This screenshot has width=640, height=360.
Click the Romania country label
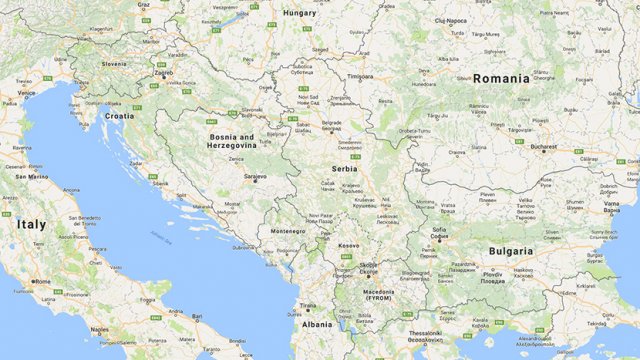point(502,78)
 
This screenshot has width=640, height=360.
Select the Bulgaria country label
point(510,251)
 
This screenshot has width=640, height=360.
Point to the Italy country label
point(30,225)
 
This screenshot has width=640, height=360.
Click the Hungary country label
point(300,13)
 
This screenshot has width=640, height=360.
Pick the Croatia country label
point(120,115)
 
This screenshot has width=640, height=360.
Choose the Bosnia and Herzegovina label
point(232,140)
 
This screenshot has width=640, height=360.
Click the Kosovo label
point(348,245)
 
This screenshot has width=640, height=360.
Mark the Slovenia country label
point(113,64)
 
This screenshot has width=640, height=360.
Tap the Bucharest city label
point(543,147)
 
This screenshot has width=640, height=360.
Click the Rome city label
point(42,282)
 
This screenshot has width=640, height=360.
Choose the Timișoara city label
point(359,76)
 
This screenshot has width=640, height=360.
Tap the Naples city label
point(100,328)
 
